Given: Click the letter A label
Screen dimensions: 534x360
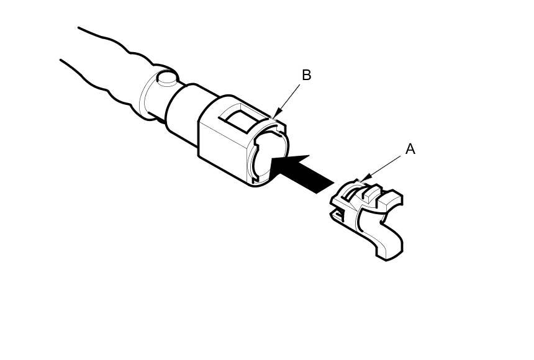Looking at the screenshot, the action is point(410,149).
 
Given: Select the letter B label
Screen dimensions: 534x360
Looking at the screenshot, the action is point(306,75).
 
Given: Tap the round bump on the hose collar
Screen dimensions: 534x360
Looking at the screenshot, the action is point(166,78).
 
